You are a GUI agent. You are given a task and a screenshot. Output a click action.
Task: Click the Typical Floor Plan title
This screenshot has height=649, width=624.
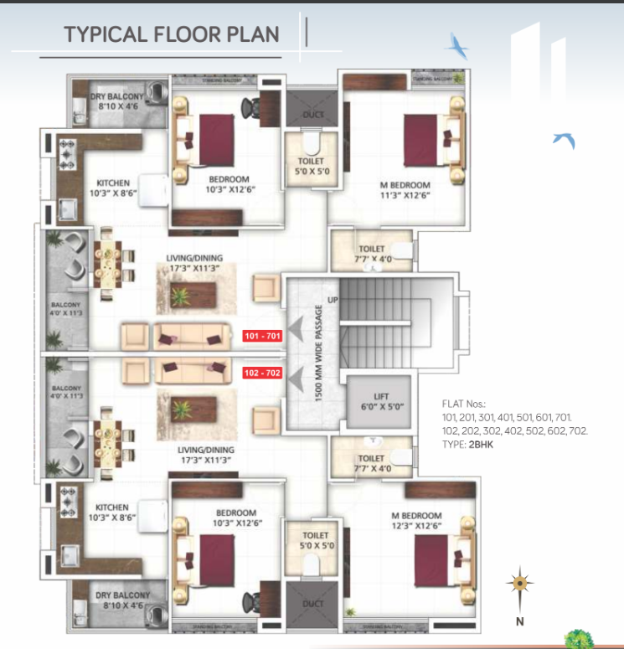tap(172, 34)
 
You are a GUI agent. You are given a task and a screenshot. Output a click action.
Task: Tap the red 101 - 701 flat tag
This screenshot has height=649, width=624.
tap(262, 337)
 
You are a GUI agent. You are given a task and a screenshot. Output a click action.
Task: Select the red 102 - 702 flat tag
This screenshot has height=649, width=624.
tap(262, 373)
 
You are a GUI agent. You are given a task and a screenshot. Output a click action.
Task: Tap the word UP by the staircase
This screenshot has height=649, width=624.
tap(333, 299)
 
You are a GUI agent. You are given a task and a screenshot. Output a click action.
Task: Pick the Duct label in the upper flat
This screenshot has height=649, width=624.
tap(313, 114)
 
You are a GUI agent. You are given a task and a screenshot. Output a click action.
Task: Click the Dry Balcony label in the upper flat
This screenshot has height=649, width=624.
tap(116, 101)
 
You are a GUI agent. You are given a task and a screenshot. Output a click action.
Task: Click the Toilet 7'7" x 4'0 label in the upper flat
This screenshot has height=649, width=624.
tap(371, 254)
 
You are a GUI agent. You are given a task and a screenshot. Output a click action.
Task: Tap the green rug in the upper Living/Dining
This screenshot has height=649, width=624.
tap(180, 294)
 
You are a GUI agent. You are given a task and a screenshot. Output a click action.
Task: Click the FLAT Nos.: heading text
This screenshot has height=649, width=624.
tap(463, 403)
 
